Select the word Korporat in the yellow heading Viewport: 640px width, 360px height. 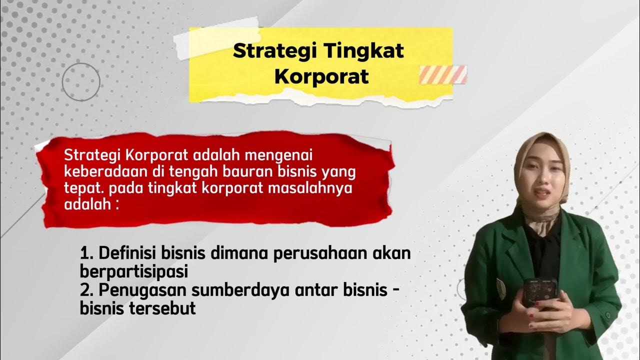[x=321, y=76]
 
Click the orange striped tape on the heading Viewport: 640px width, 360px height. [x=443, y=74]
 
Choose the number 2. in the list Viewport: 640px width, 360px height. [x=88, y=290]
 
